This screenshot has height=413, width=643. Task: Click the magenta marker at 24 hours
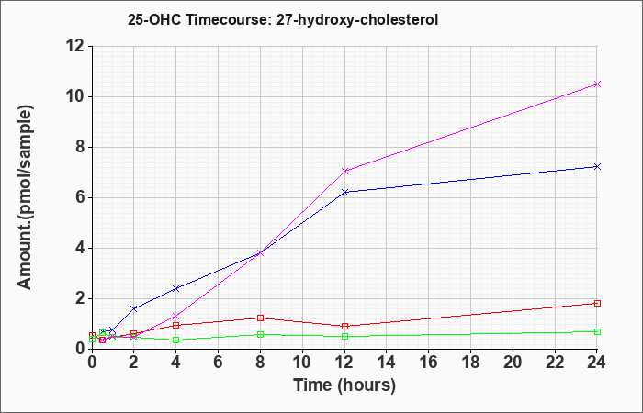597,84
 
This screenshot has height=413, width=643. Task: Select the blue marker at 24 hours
597,166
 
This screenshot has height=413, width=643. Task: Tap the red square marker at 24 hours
597,303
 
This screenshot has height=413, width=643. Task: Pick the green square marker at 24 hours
597,331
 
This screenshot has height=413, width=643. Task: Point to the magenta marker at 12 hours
344,171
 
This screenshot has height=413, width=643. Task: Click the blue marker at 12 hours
344,192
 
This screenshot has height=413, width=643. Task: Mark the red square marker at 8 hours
260,318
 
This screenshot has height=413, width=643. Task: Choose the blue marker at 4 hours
176,288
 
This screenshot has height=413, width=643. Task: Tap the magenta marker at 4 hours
176,317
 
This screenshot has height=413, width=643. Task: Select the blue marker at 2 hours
134,308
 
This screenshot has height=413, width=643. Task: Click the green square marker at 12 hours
344,337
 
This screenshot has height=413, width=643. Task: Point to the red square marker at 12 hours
344,326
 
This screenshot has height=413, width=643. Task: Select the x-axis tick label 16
429,363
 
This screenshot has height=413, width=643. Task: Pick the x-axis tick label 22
555,363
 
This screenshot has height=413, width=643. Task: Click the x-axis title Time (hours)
344,385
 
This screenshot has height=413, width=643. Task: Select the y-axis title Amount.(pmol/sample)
26,198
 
